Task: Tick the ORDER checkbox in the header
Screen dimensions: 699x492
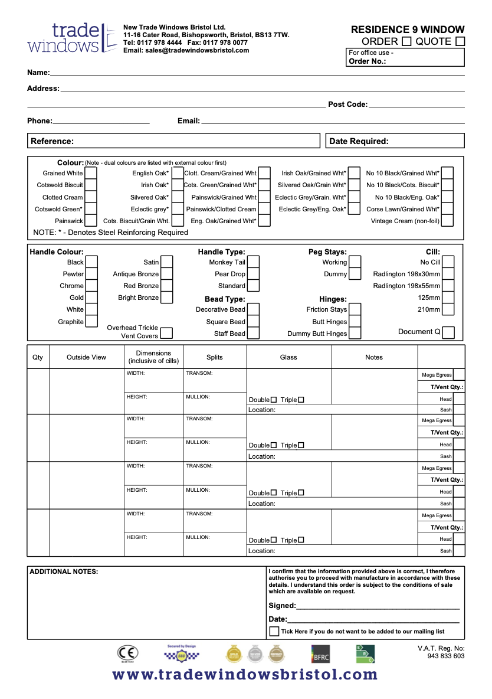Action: (x=406, y=41)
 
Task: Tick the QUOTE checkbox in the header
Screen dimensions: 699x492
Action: (x=460, y=41)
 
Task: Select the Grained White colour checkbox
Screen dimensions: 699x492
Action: (x=91, y=174)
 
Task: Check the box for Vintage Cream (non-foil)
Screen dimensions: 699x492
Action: (x=447, y=221)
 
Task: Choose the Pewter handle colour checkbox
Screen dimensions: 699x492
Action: (x=91, y=274)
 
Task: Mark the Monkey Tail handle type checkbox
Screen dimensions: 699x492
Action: (x=253, y=262)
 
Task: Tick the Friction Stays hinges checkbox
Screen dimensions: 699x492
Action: (x=355, y=309)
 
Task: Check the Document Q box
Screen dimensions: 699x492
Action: (x=448, y=332)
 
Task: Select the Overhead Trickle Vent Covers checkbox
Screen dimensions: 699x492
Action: (x=166, y=333)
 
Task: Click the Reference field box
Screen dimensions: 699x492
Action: (x=173, y=141)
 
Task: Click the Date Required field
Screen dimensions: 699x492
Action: (x=395, y=141)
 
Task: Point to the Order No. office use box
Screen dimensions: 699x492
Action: (x=405, y=57)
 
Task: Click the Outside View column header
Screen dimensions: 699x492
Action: (x=86, y=357)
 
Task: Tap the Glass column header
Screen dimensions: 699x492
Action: (x=288, y=357)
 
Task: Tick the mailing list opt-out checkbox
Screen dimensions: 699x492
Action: (x=274, y=632)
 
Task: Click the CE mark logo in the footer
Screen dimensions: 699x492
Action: (x=127, y=653)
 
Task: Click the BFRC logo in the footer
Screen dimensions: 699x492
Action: (x=320, y=654)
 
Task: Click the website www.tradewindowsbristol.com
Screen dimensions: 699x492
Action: (x=245, y=674)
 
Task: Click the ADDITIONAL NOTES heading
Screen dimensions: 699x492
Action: (x=64, y=571)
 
